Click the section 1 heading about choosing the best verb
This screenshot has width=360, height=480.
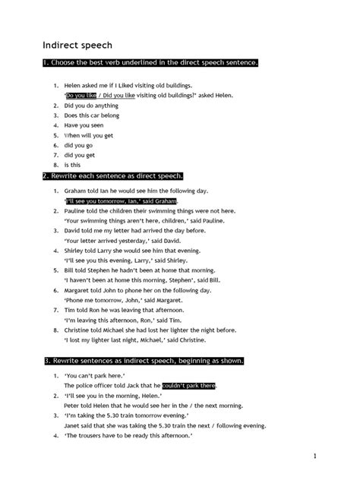pos(150,62)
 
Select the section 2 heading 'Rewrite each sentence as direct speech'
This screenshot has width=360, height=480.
pos(112,175)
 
